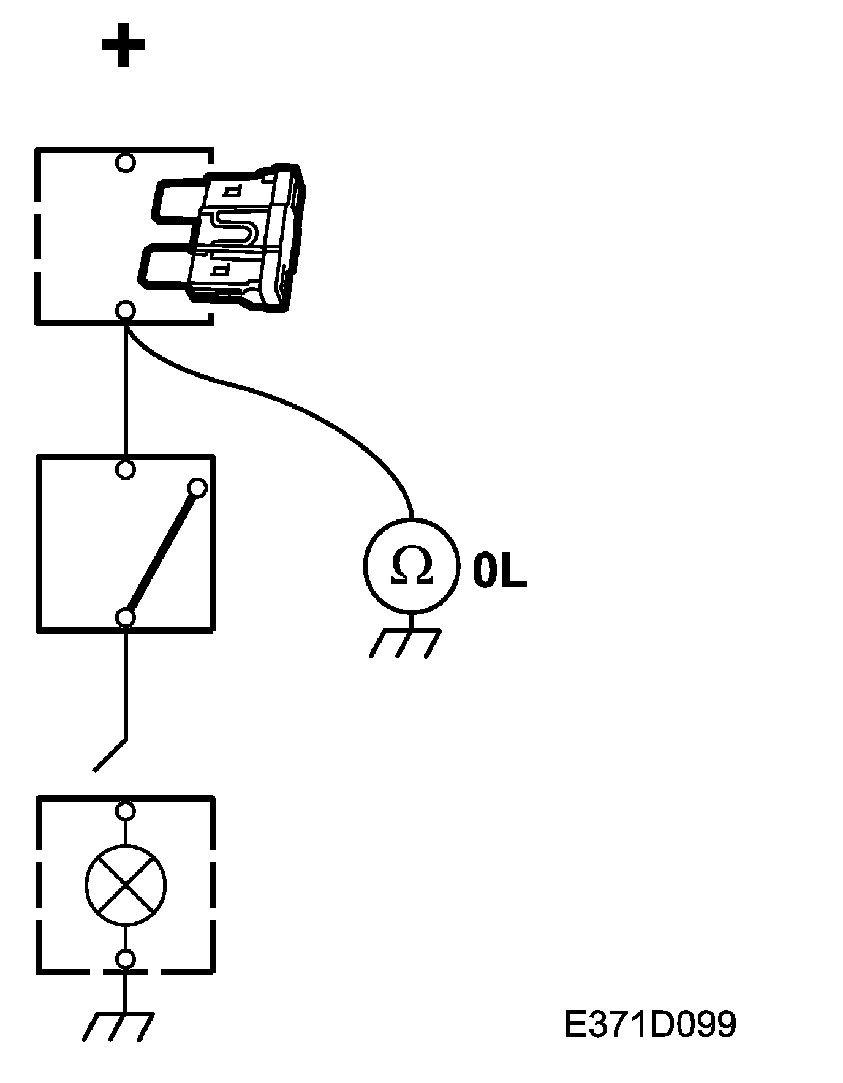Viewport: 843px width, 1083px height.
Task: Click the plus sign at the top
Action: pos(123,45)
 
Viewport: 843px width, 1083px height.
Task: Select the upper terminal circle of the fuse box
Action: pos(126,163)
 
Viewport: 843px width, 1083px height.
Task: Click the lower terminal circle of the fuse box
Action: pos(126,311)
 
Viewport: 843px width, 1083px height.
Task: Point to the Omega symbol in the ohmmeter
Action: pos(412,565)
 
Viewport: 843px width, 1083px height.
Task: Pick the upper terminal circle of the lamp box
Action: pos(126,811)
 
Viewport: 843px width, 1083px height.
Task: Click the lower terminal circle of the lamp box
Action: pos(126,959)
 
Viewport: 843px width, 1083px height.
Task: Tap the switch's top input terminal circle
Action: pos(126,470)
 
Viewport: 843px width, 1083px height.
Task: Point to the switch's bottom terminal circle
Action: pos(126,617)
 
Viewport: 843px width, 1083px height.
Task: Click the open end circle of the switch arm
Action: pos(198,488)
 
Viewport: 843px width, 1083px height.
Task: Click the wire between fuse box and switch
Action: pos(126,392)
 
